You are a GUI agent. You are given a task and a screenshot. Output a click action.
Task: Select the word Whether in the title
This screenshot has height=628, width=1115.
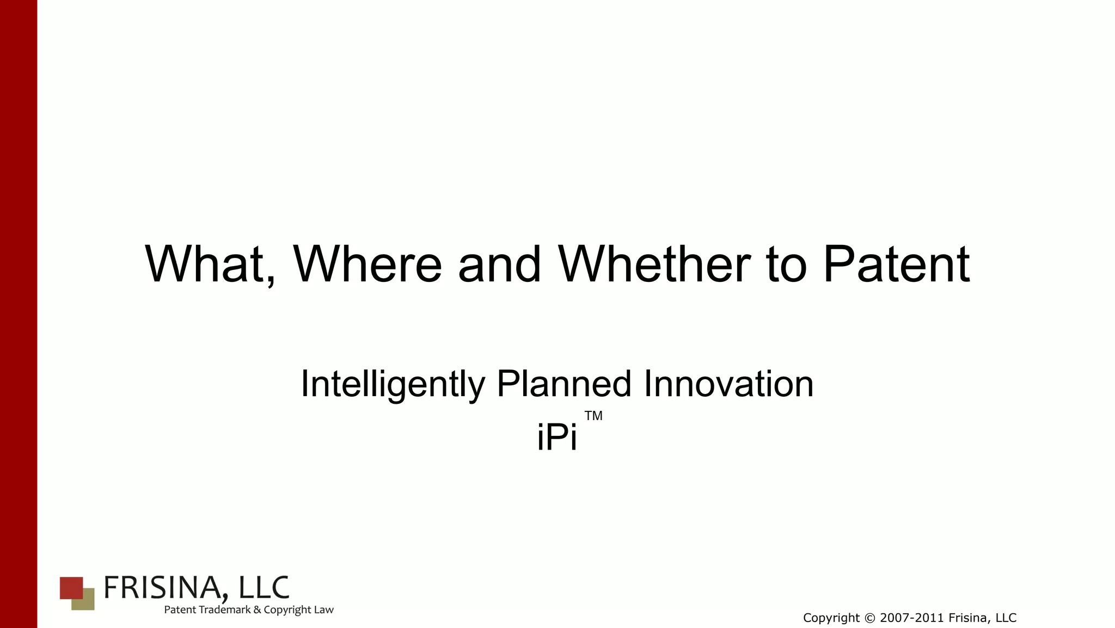pos(654,264)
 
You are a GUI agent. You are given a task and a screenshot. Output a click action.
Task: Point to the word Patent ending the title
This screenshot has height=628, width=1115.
pos(896,264)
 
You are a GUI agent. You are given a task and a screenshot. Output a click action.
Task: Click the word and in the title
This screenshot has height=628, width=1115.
pos(499,264)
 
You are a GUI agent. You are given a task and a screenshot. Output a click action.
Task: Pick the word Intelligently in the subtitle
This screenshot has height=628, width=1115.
pos(392,384)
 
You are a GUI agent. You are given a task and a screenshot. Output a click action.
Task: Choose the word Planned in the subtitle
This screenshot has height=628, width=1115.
pos(564,384)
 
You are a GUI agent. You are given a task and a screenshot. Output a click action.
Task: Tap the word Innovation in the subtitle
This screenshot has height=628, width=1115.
pos(728,384)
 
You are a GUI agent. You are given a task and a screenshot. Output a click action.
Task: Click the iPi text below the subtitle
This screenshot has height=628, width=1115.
pos(556,437)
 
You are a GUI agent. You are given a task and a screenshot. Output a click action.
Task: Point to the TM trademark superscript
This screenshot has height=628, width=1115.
pos(593,416)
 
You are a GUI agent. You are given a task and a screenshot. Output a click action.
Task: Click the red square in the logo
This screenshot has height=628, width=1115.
pos(69,586)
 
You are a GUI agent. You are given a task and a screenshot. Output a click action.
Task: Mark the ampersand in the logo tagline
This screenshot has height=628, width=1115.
pos(257,609)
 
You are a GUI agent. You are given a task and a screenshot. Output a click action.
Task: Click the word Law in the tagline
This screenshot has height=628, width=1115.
pos(323,609)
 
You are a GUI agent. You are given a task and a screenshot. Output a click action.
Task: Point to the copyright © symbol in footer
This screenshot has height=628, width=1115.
pos(869,618)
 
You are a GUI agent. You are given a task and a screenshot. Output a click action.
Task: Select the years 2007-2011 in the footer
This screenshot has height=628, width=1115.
pos(912,618)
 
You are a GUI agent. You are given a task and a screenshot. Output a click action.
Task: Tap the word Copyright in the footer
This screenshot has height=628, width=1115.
pos(831,618)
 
